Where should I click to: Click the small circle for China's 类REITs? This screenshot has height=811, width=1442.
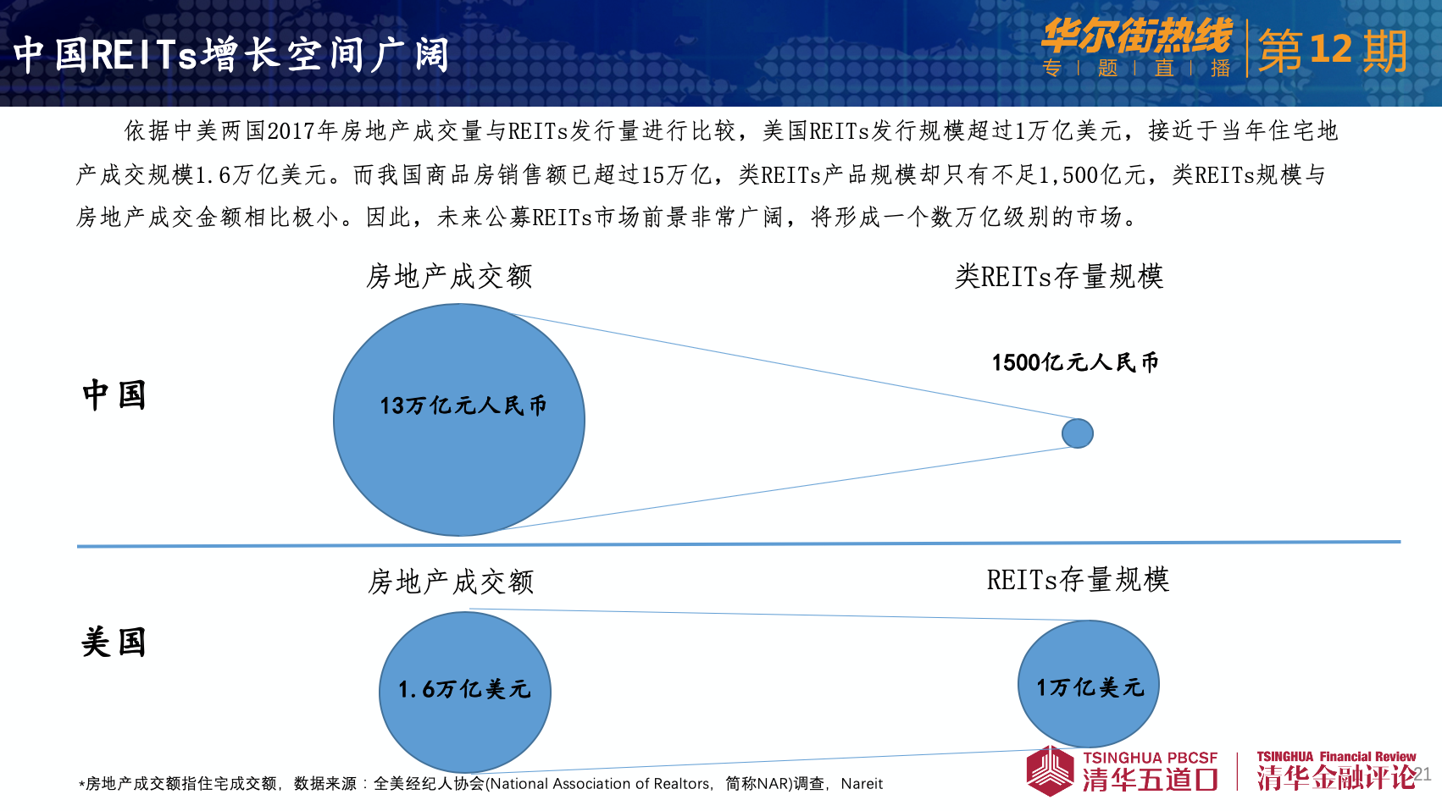coord(1078,433)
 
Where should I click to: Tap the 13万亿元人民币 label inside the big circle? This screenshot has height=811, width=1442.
coord(463,405)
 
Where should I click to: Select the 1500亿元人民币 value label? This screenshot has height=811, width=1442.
coord(1075,362)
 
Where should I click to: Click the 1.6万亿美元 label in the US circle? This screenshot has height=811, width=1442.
coord(465,689)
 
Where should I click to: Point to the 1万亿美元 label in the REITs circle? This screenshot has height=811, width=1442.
coord(1090,687)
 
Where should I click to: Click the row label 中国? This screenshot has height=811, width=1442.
coord(114,394)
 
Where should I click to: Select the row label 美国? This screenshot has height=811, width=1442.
coord(114,642)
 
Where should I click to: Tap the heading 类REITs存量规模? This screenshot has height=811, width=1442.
coord(1059,277)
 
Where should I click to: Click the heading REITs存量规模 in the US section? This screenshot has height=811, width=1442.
coord(1079,580)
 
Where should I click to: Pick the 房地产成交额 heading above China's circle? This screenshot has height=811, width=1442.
coord(449,277)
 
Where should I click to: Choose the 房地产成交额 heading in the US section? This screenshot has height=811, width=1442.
coord(451,582)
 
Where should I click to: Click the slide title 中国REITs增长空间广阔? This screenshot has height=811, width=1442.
coord(231,54)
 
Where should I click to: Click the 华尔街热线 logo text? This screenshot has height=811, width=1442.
coord(1137,36)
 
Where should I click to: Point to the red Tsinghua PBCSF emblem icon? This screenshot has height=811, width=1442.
coord(1050,771)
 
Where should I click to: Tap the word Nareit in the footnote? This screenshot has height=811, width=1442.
coord(862,784)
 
